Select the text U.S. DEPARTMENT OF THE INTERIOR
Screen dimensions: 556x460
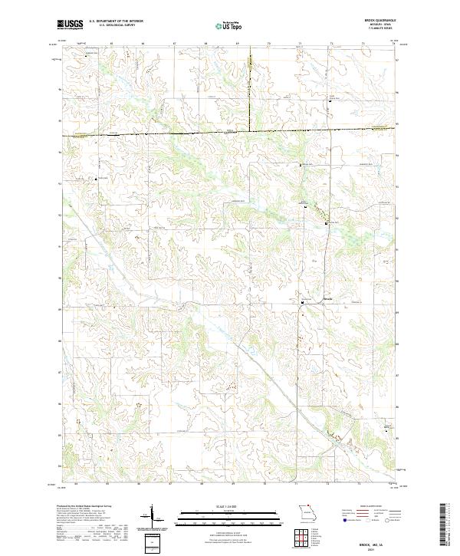click(117, 22)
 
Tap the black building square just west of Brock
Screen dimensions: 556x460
click(302, 301)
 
